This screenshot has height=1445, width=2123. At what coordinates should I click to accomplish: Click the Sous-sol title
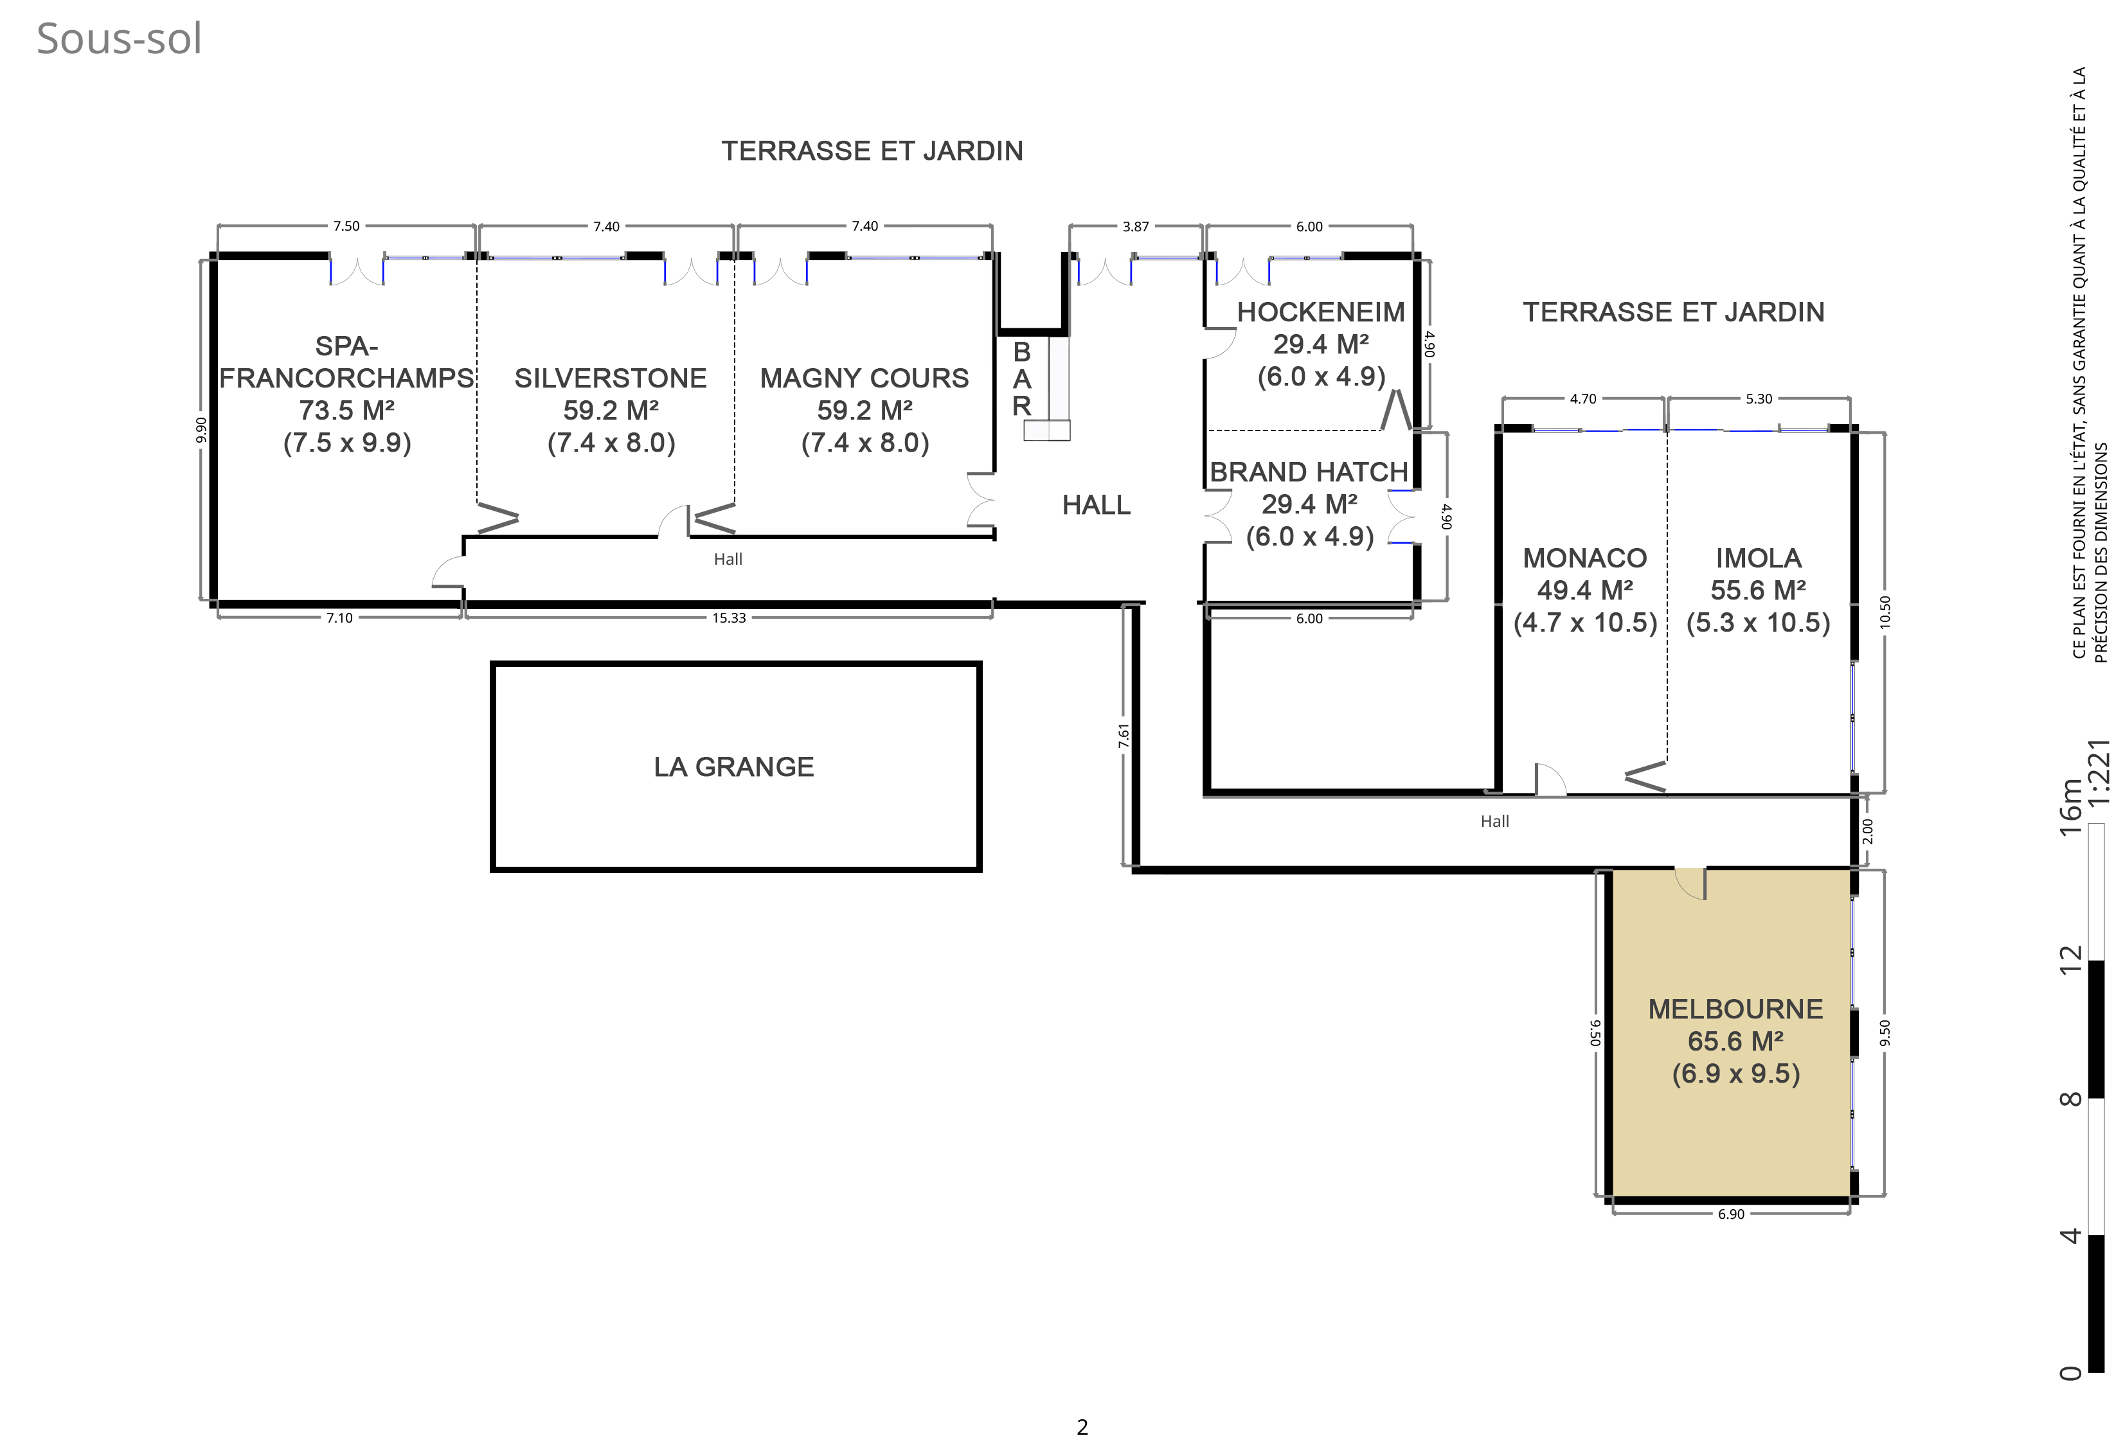[x=119, y=39]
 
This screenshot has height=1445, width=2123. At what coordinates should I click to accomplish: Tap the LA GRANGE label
[x=733, y=767]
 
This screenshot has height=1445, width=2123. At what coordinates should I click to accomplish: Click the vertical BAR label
[x=1021, y=378]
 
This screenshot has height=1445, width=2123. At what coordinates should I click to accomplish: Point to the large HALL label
[x=1097, y=504]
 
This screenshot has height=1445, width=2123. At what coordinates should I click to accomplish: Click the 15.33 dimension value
[x=729, y=618]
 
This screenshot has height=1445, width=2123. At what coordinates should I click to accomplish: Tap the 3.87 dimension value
[x=1136, y=227]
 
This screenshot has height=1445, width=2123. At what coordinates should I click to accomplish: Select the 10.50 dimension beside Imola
[x=1885, y=611]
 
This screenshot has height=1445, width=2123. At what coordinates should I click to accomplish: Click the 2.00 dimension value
[x=1867, y=831]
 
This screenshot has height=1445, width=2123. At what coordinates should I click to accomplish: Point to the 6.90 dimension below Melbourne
[x=1731, y=1214]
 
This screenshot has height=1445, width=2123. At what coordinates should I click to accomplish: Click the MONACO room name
[x=1585, y=558]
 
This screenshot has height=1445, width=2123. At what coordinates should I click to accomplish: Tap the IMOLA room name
[x=1759, y=558]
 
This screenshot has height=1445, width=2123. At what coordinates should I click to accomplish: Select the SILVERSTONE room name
[x=610, y=378]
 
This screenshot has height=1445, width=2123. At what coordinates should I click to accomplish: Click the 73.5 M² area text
[x=347, y=410]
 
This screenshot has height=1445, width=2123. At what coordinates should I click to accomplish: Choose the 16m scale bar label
[x=2071, y=806]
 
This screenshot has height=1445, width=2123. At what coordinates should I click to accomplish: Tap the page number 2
[x=1082, y=1427]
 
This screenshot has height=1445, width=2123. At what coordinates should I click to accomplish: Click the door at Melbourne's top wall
[x=1690, y=883]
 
